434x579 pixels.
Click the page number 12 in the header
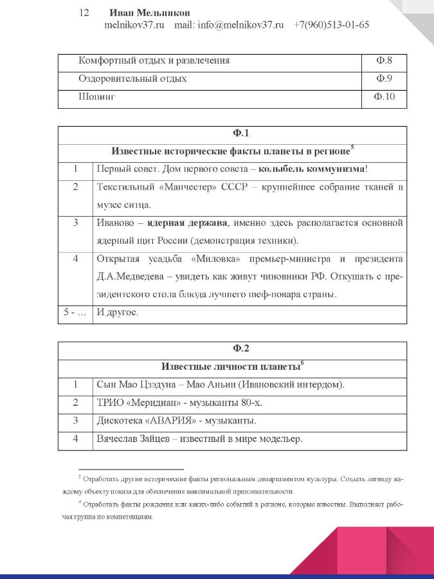coord(84,13)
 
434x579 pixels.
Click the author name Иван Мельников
coord(150,13)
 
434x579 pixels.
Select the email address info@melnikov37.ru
coord(241,26)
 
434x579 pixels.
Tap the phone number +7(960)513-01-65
coord(332,26)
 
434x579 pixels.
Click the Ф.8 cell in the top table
coord(384,61)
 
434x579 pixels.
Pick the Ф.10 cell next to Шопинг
coord(384,98)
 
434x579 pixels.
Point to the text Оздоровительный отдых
coord(132,79)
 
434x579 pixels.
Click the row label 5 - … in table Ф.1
coord(75,313)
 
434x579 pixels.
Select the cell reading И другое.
coord(116,313)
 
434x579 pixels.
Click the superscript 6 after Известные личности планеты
coord(302,363)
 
